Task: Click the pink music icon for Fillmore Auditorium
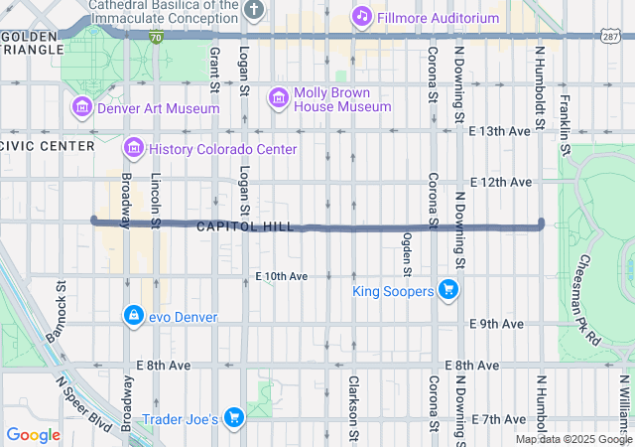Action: pyautogui.click(x=362, y=16)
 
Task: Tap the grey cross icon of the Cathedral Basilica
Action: pyautogui.click(x=254, y=10)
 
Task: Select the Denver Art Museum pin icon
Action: pyautogui.click(x=81, y=107)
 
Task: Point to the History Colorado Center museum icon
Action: pyautogui.click(x=133, y=149)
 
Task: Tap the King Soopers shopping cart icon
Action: pyautogui.click(x=448, y=290)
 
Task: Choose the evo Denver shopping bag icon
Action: pyautogui.click(x=132, y=316)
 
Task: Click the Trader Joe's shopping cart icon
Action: pyautogui.click(x=234, y=418)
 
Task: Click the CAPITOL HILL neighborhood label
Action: pyautogui.click(x=245, y=227)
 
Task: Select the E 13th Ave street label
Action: pyautogui.click(x=500, y=131)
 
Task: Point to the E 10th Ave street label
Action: pyautogui.click(x=281, y=275)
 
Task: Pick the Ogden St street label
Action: pyautogui.click(x=407, y=254)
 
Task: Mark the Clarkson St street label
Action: pyautogui.click(x=352, y=407)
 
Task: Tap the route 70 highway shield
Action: pyautogui.click(x=157, y=37)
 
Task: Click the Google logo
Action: pyautogui.click(x=33, y=435)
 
